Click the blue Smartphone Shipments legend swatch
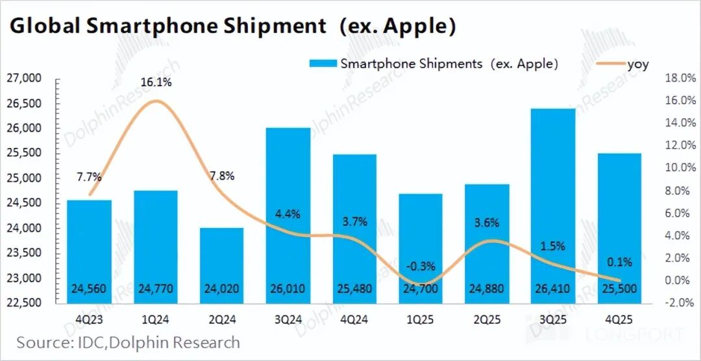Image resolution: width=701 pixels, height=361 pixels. [323, 64]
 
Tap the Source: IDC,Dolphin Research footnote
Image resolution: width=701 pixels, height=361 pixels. [128, 342]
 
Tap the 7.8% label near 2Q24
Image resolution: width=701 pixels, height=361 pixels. [221, 176]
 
